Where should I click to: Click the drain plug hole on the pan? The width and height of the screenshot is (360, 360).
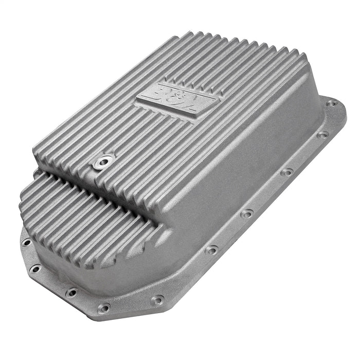click(x=102, y=163)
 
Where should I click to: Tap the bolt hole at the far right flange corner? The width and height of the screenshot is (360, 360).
click(x=333, y=103)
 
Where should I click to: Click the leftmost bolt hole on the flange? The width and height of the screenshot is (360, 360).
click(x=26, y=242)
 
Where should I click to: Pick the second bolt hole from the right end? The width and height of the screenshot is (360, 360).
click(x=322, y=135)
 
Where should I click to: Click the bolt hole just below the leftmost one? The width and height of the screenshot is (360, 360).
click(x=35, y=268)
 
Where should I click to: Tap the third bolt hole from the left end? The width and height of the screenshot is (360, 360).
click(x=71, y=293)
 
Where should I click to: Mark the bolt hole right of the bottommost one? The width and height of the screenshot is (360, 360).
click(x=158, y=299)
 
